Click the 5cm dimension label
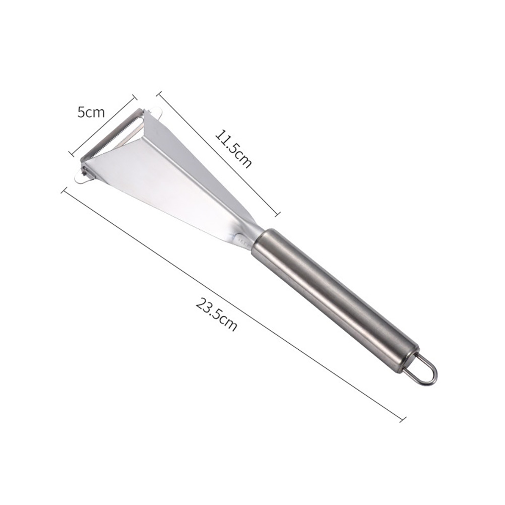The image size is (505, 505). click(x=91, y=112)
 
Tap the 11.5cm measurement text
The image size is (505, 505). click(x=232, y=148)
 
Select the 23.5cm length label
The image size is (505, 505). click(x=216, y=314)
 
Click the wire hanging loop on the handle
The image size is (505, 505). click(x=424, y=370)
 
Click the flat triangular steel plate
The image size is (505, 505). click(x=167, y=174)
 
